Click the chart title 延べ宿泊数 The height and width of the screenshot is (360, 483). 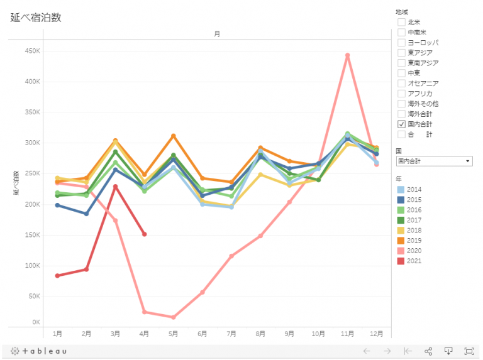[36, 18]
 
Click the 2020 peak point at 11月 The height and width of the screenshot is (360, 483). [347, 55]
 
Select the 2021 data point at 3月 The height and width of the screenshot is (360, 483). [115, 187]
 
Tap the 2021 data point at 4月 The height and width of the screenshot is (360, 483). [145, 234]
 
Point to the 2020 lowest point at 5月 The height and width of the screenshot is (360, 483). [173, 317]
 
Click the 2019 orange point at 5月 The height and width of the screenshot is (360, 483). [173, 136]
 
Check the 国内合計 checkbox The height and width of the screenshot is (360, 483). [401, 124]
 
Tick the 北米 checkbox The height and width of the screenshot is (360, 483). [401, 22]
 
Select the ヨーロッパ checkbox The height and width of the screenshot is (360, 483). [401, 42]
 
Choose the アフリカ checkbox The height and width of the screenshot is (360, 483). [401, 93]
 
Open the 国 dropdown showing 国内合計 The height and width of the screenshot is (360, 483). [433, 161]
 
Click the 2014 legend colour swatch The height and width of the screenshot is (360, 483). [401, 190]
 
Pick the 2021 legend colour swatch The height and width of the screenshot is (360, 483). [401, 261]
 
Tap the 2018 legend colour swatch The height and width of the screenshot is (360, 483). [401, 231]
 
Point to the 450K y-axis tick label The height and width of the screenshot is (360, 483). [32, 51]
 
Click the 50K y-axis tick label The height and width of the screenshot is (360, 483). [34, 296]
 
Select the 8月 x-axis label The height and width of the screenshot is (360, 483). [260, 334]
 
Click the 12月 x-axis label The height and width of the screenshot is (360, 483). [376, 334]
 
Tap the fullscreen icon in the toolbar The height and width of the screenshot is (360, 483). [469, 351]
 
